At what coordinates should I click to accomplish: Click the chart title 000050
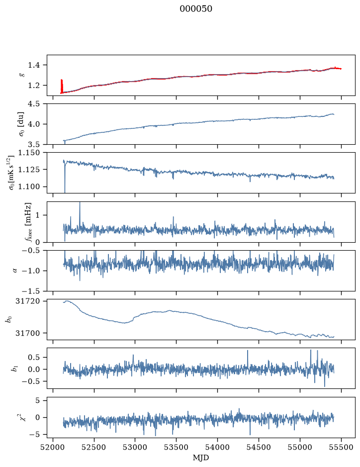pos(195,9)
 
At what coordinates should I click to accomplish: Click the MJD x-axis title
pos(201,458)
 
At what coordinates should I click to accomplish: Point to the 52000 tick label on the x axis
pos(53,448)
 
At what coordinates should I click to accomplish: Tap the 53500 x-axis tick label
pos(177,448)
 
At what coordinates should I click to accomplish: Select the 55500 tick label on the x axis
pos(341,448)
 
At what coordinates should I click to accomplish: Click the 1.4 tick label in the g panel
pos(34,65)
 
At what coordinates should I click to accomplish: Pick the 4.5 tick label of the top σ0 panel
pos(34,104)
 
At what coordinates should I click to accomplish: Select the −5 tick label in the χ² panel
pos(34,435)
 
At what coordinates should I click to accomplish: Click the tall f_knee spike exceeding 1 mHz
pos(80,213)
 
